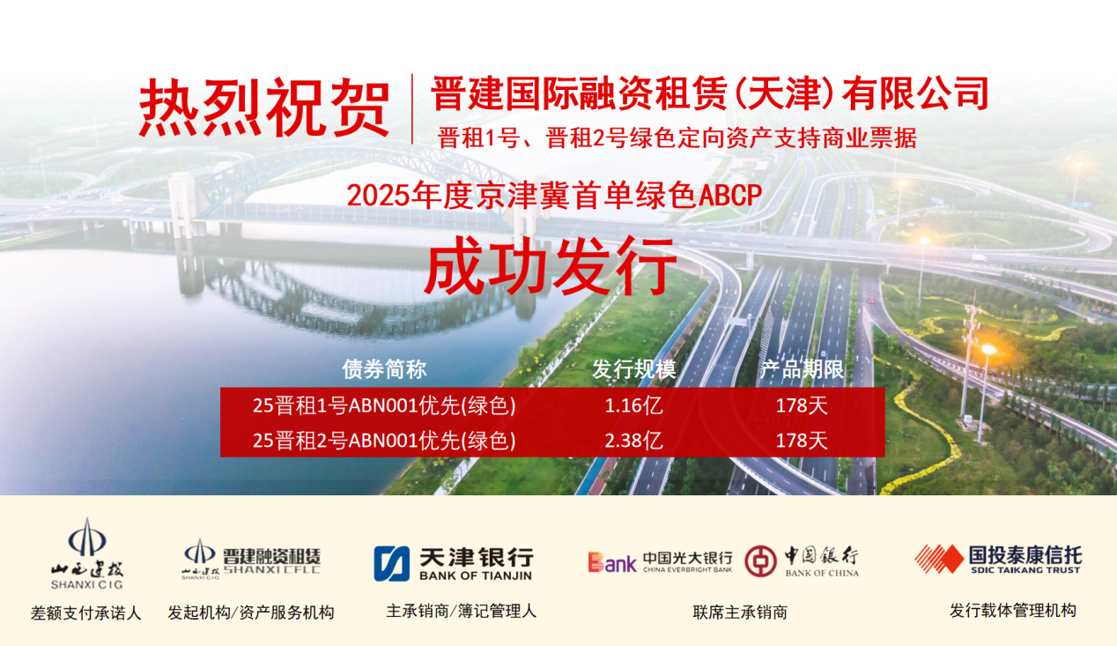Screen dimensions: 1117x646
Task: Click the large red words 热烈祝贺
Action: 264,108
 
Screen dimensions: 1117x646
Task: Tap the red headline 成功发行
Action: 551,266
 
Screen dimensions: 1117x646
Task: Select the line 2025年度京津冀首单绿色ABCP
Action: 554,195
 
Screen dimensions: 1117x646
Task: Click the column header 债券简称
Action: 384,369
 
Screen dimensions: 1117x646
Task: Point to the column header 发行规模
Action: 633,369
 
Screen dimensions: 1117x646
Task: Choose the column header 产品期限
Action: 802,369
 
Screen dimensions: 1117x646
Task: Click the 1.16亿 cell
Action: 633,405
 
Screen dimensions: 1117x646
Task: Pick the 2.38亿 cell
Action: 633,440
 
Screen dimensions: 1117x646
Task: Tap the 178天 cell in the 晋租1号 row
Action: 802,405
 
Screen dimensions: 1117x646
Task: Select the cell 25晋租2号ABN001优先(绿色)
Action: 384,440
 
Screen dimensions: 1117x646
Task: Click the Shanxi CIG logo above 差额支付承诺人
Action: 86,553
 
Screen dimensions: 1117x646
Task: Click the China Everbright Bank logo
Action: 660,562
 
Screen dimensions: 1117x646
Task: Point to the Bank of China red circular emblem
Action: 760,561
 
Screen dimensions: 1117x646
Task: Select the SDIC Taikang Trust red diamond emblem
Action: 939,559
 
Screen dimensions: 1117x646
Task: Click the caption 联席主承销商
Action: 740,613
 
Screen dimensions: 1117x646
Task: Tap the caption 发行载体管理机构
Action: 1013,611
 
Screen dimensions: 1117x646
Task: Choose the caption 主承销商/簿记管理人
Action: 462,611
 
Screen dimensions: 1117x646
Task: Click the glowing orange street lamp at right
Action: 988,350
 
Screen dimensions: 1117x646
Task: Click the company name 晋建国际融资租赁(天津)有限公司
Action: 710,93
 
